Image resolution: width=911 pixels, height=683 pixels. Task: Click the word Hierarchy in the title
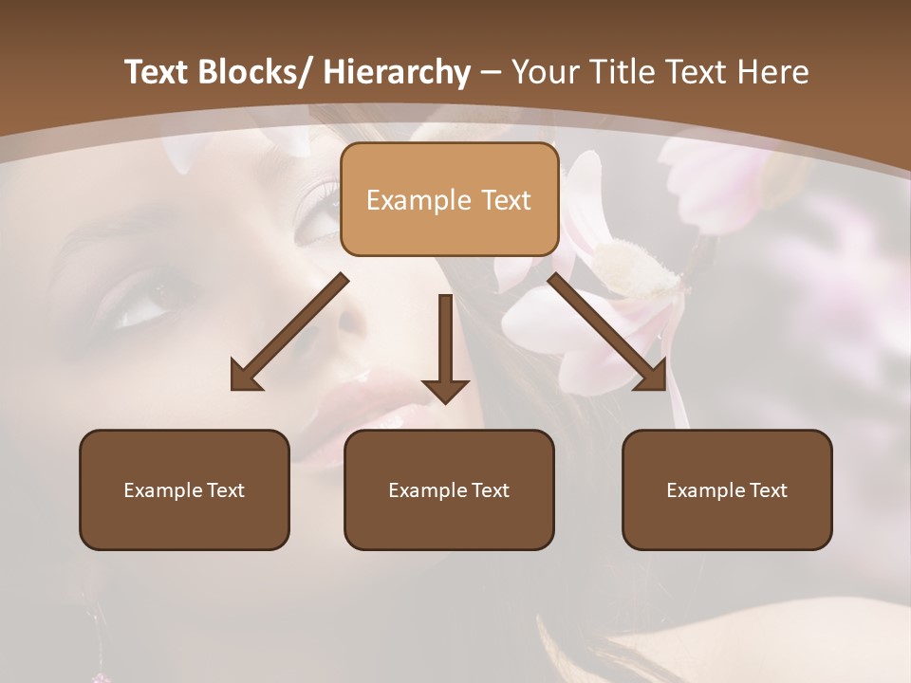[x=397, y=73]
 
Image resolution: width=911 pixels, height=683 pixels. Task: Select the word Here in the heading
[x=774, y=73]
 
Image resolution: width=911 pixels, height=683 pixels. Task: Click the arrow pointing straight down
[x=445, y=351]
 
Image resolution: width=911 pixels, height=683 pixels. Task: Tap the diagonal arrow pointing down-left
[x=289, y=332]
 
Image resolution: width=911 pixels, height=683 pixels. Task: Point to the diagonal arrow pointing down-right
[x=607, y=332]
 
